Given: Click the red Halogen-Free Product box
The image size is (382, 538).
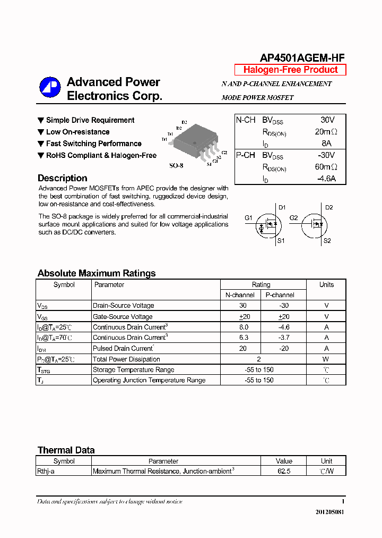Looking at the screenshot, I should (290, 70).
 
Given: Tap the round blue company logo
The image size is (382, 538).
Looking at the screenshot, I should (50, 88).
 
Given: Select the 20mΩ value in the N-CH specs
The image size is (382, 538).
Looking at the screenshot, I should (326, 132).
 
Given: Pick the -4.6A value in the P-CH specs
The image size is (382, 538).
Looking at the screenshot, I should (326, 179).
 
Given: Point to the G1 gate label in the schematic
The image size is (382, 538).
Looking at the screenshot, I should (248, 217).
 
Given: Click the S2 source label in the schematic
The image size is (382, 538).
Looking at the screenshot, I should (327, 241).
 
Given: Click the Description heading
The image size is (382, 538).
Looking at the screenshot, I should (62, 178).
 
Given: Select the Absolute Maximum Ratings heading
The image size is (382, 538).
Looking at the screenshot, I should (97, 273).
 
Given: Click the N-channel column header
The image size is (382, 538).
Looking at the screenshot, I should (240, 295).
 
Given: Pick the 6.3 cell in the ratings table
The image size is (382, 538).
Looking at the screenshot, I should (242, 338).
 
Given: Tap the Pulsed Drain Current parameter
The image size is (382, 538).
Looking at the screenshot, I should (123, 348).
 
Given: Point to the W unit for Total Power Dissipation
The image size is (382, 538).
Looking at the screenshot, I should (326, 359).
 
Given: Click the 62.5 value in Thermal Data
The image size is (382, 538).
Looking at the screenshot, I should (284, 471).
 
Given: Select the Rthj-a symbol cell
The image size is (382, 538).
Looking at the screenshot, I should (46, 471).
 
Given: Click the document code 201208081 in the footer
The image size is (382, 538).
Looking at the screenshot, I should (329, 512).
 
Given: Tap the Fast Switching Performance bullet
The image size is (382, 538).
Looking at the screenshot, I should (93, 144).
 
